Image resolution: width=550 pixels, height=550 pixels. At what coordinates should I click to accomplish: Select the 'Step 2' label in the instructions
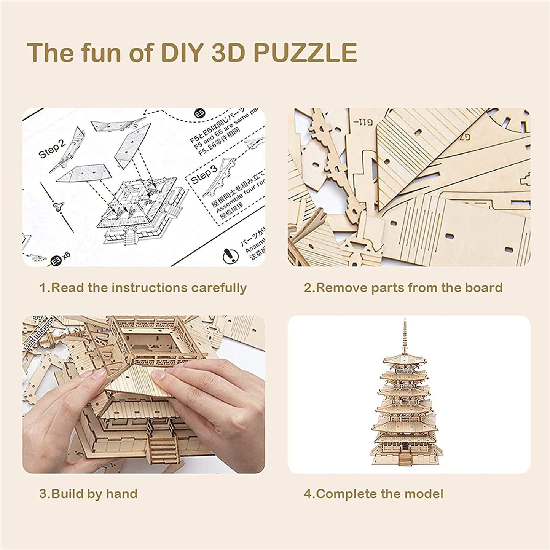point(52,149)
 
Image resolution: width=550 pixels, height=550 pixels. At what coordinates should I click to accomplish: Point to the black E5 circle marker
point(198,113)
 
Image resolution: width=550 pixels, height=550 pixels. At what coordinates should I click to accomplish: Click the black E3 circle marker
point(56,261)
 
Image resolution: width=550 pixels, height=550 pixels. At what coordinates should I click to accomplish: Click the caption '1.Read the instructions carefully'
point(143,288)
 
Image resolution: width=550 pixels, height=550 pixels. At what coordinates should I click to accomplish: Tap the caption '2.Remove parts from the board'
point(403,288)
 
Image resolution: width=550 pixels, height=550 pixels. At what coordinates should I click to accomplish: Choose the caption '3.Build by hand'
point(88,494)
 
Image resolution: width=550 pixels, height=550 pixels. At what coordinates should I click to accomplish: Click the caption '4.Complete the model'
point(373,494)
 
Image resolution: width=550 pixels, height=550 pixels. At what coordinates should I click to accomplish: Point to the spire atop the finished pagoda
point(402,335)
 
